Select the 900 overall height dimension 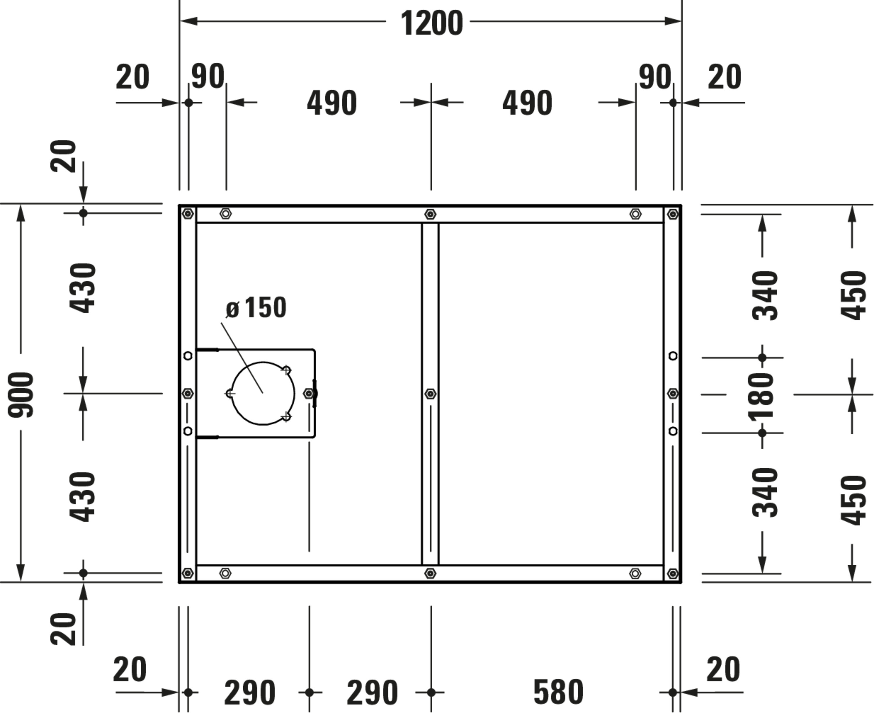[x=21, y=394]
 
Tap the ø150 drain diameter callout [x=256, y=307]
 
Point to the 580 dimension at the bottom [x=558, y=692]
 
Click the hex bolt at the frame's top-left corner [x=188, y=213]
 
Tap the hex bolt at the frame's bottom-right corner [x=672, y=573]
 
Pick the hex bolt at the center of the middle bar [x=430, y=394]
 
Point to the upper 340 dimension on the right [x=765, y=295]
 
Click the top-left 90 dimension [x=208, y=76]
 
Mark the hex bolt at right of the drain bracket [x=309, y=394]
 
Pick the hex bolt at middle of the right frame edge [x=672, y=394]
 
